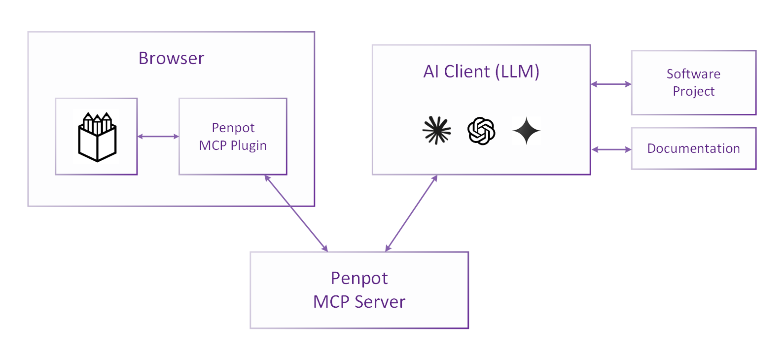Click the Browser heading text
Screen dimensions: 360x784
coord(171,58)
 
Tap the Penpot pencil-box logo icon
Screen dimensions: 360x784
coord(97,137)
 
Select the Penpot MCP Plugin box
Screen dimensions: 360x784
coord(233,137)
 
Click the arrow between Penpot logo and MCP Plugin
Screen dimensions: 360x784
coord(158,137)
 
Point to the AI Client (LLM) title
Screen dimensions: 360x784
coord(481,72)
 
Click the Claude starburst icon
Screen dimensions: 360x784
coord(437,131)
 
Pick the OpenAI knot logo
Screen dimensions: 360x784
coord(481,131)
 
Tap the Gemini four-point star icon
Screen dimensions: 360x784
coord(526,131)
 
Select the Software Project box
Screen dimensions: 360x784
coord(693,82)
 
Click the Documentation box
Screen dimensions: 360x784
coord(693,148)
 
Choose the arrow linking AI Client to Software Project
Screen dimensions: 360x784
coord(611,84)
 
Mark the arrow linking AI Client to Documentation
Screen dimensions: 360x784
coord(611,149)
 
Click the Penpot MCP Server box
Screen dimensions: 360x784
coord(359,290)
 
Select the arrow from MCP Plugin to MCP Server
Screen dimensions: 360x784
coord(296,213)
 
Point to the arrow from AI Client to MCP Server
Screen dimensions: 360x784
coord(411,213)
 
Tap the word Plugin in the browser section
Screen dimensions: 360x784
coord(249,146)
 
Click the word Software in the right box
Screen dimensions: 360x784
coord(693,74)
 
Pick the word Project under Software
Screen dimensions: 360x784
coord(693,91)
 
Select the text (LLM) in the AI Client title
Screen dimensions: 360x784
coord(517,72)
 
